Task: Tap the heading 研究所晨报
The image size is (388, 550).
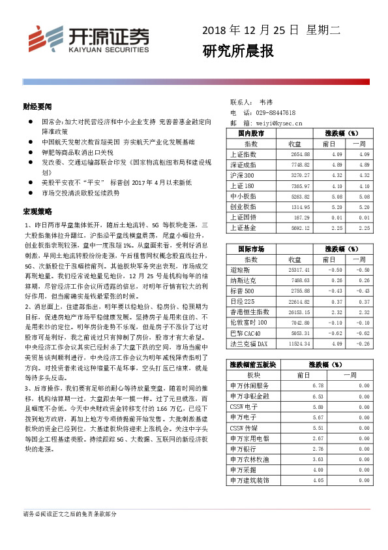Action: (237, 51)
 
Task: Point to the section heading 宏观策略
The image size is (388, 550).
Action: (37, 213)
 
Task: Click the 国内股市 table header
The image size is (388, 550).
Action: (250, 133)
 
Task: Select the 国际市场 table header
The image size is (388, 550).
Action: (250, 249)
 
